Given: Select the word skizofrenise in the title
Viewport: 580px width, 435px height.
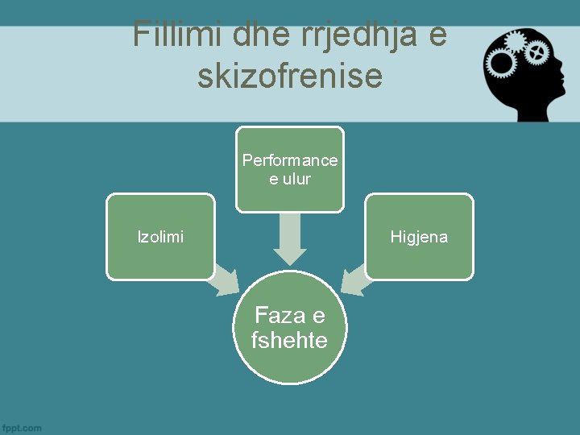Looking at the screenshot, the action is (290, 77).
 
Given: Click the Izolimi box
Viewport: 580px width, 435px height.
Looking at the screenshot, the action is (160, 237).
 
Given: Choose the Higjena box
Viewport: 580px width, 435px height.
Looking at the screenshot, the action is (419, 237).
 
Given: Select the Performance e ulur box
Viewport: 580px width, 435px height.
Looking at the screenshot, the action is (290, 169).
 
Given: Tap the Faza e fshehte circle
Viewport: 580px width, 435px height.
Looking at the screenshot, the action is (290, 328).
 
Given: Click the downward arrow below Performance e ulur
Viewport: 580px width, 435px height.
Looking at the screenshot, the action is (290, 239).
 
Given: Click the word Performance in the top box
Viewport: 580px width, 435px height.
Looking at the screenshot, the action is (290, 160).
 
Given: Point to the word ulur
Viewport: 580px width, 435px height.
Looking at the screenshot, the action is (297, 179).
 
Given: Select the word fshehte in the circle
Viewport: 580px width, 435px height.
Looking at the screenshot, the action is (290, 341).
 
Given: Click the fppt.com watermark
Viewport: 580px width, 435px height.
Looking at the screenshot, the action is (23, 427).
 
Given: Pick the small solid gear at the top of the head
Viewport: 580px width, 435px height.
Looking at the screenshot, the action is (516, 40).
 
